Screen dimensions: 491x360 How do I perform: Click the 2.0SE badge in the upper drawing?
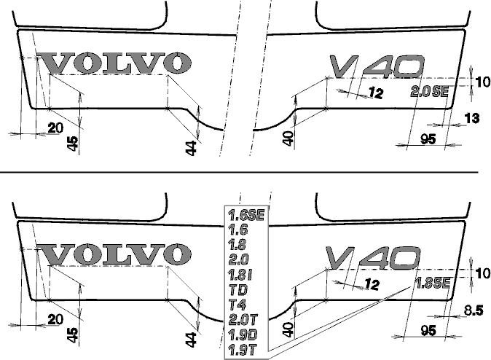click(430, 92)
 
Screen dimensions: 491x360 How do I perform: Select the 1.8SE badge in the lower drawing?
click(433, 283)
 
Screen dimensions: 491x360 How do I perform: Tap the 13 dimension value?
click(472, 119)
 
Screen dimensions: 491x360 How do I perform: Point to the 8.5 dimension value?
click(474, 310)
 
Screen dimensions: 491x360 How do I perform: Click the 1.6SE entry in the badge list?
click(247, 215)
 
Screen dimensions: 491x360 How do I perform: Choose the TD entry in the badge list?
click(238, 290)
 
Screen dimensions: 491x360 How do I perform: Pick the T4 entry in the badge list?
click(237, 305)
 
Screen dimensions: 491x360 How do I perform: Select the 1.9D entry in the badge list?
click(243, 334)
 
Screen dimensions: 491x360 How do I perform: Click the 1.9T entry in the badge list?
click(243, 349)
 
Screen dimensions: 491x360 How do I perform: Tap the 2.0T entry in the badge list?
click(243, 320)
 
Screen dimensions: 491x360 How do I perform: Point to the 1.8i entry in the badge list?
click(240, 275)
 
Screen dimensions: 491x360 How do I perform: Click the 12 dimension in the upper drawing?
click(376, 93)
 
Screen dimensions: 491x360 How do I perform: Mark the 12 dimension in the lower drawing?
click(372, 284)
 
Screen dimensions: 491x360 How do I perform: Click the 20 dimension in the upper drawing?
click(55, 128)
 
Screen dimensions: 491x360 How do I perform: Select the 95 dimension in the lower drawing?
click(428, 330)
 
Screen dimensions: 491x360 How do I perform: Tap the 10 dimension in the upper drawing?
click(482, 82)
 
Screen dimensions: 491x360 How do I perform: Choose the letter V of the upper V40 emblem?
click(344, 66)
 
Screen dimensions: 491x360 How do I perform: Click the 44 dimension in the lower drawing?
click(191, 340)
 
